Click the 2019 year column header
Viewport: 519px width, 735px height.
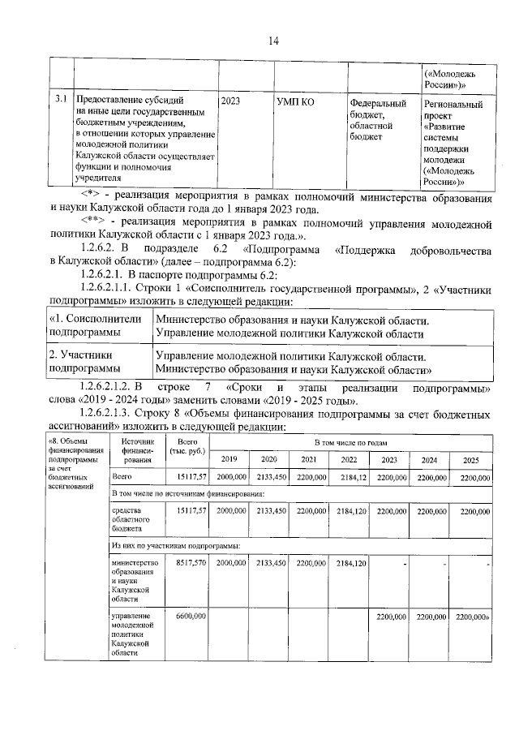click(x=228, y=460)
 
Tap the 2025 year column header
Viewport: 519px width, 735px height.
click(x=470, y=460)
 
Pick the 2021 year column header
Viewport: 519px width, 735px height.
click(x=308, y=460)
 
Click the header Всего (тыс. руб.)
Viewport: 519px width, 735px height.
click(x=186, y=445)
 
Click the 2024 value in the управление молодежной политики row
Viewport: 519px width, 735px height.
click(x=430, y=617)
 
